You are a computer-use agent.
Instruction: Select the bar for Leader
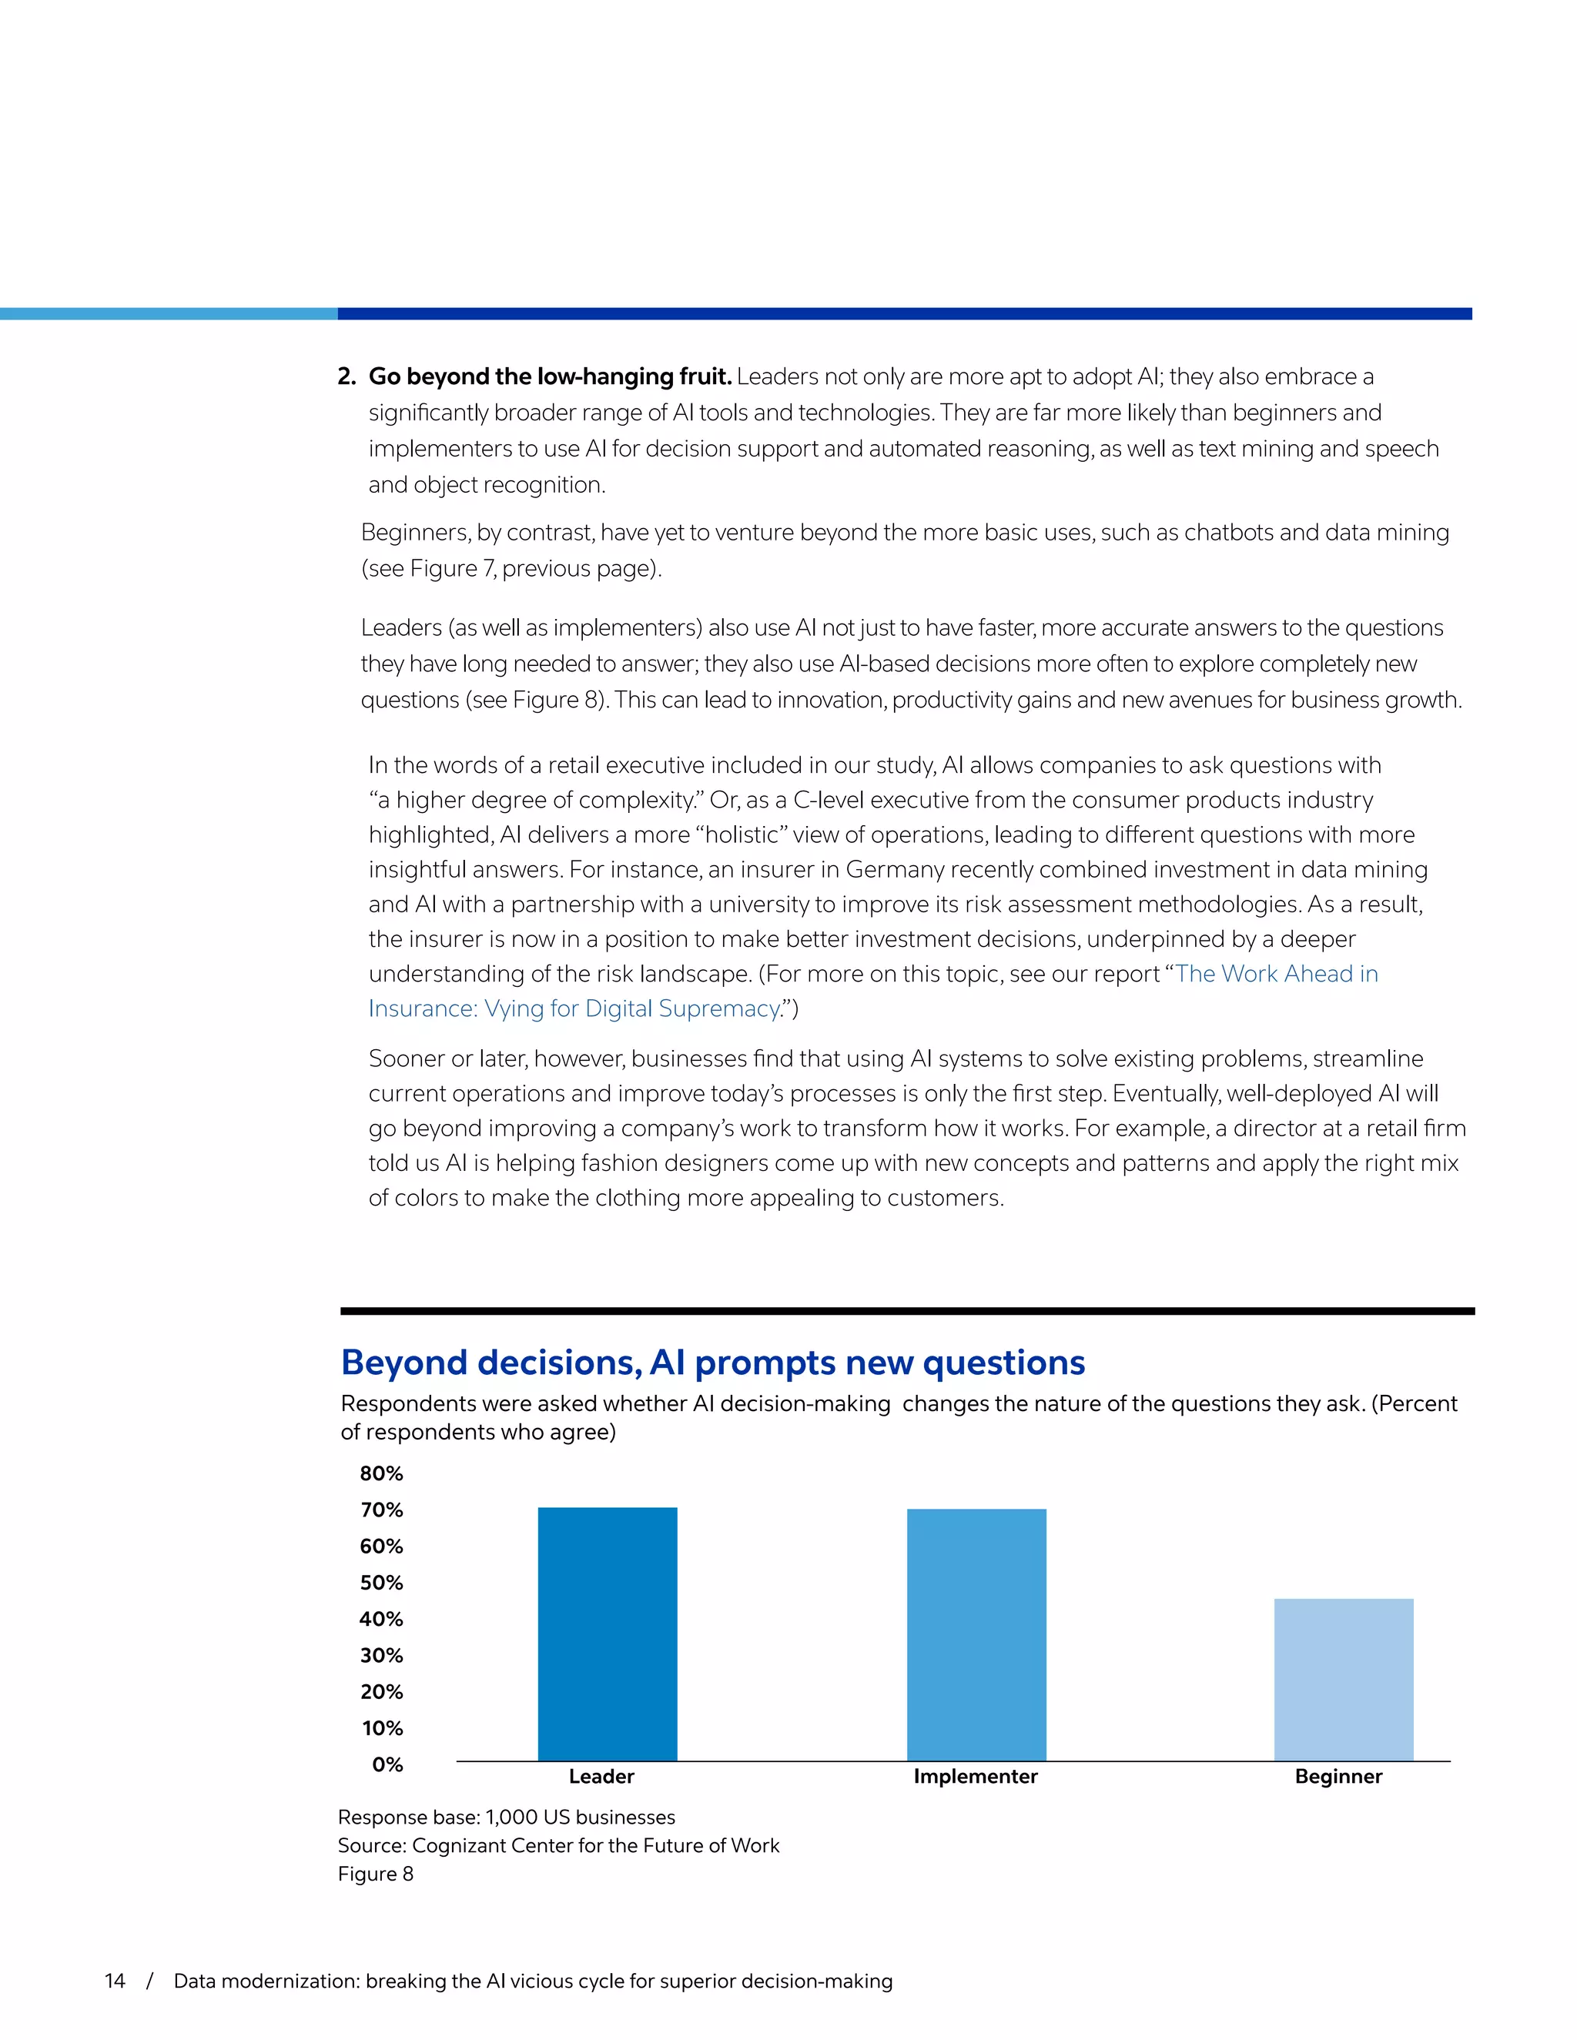click(608, 1634)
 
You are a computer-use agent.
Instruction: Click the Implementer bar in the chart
click(976, 1634)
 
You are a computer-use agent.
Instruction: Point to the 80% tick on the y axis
click(381, 1473)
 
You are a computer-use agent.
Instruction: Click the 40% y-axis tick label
click(381, 1619)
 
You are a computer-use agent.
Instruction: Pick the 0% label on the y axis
click(387, 1764)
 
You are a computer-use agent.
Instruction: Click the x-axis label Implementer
click(976, 1777)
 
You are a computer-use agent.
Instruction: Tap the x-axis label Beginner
click(1338, 1777)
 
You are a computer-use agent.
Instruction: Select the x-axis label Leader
click(601, 1777)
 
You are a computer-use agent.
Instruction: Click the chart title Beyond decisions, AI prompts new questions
click(713, 1363)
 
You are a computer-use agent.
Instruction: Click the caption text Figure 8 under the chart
click(376, 1874)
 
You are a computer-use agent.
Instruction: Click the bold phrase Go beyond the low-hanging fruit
click(549, 376)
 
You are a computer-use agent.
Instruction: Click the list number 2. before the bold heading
click(347, 376)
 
